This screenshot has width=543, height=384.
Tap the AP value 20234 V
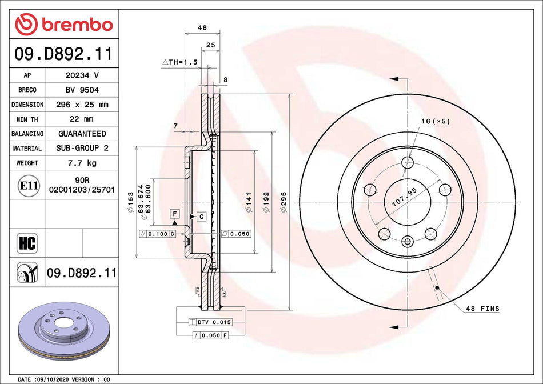[82, 75]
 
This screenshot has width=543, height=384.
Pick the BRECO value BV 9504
[82, 90]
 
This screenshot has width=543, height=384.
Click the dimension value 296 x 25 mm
[82, 105]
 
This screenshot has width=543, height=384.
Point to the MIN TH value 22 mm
[82, 119]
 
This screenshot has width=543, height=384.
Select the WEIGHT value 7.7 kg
[82, 163]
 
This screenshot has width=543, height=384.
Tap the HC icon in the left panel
[27, 243]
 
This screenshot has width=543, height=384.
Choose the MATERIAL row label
[27, 148]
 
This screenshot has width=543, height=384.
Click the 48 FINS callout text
[482, 309]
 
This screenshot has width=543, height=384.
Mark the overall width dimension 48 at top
[202, 27]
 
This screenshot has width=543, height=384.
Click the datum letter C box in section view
[201, 216]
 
